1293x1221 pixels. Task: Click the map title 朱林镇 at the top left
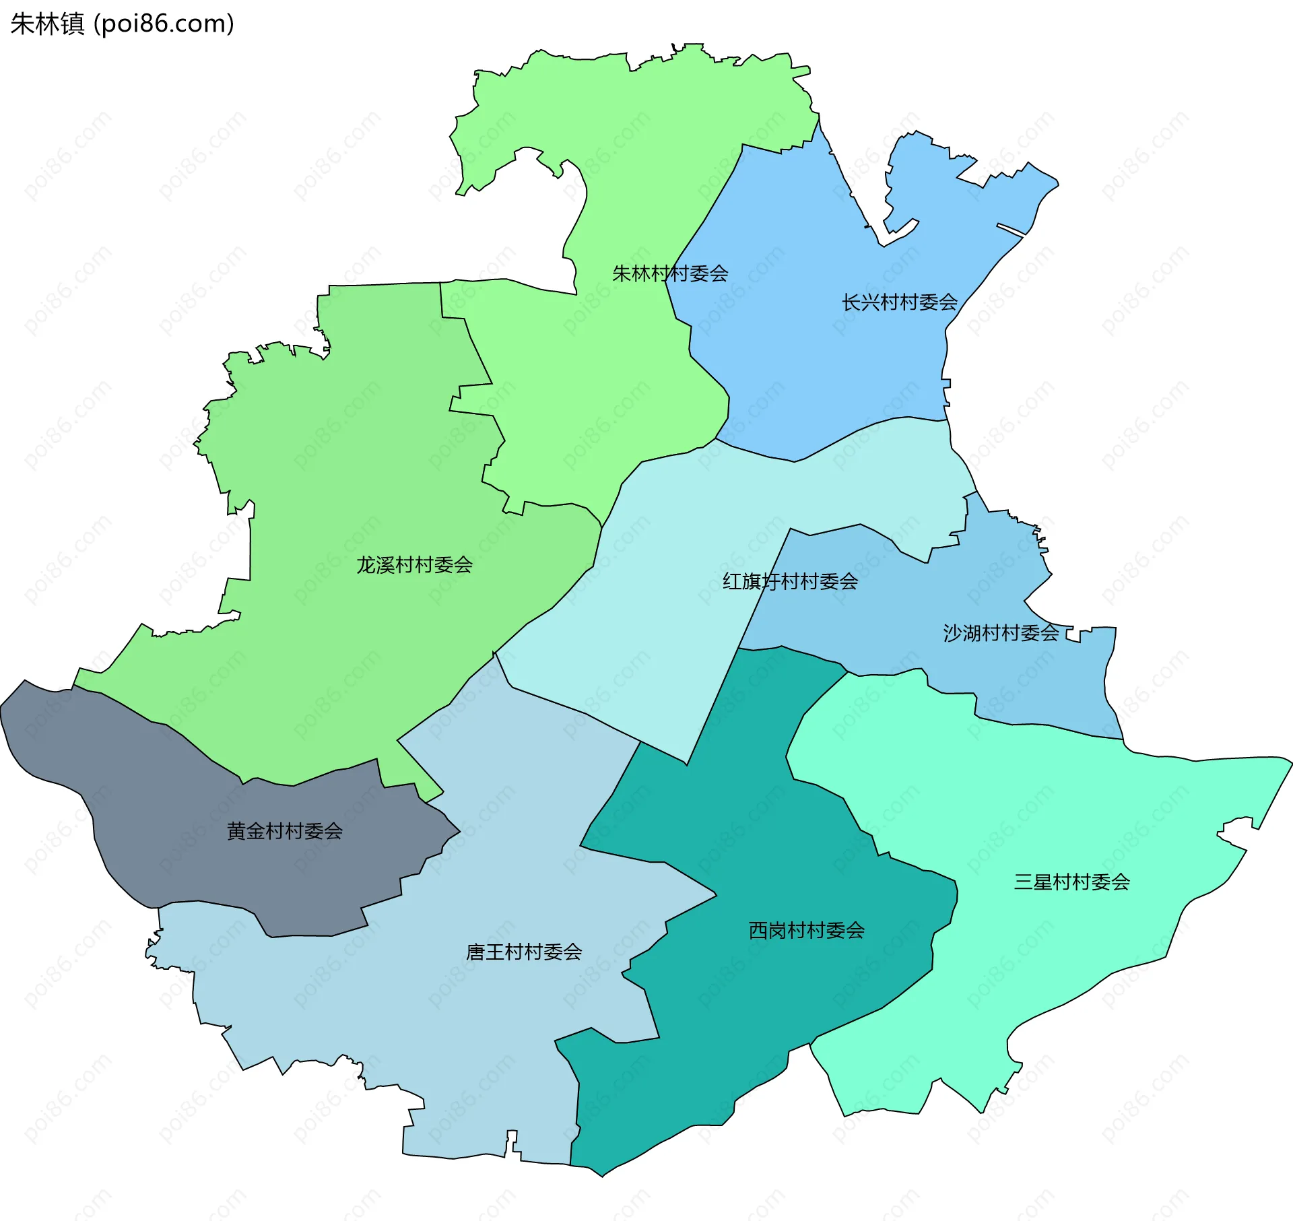(x=47, y=24)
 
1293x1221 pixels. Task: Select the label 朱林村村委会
(x=669, y=273)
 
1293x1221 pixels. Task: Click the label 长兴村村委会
(x=899, y=302)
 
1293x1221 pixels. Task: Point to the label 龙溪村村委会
(x=414, y=565)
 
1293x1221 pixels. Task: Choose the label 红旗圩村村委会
(x=790, y=581)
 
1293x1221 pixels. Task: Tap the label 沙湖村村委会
(x=1001, y=633)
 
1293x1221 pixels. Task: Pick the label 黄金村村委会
(x=285, y=831)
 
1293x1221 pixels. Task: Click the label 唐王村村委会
(x=524, y=952)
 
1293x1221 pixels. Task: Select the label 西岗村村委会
(x=806, y=930)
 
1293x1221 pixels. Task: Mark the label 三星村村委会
(x=1071, y=882)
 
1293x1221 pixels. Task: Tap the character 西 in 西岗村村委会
(x=758, y=930)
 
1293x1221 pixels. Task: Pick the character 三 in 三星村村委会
(x=1024, y=882)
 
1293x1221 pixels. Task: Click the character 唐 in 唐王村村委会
(x=475, y=952)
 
